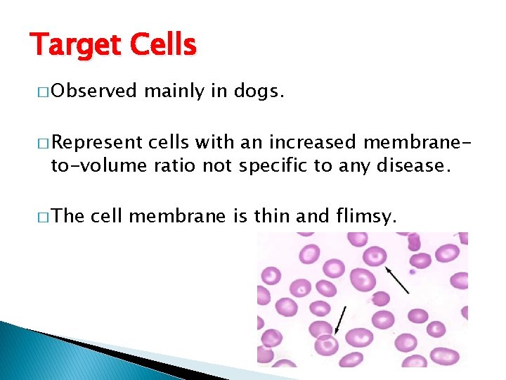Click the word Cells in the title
(x=166, y=46)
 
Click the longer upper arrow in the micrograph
(x=397, y=279)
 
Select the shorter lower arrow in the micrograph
(x=340, y=319)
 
